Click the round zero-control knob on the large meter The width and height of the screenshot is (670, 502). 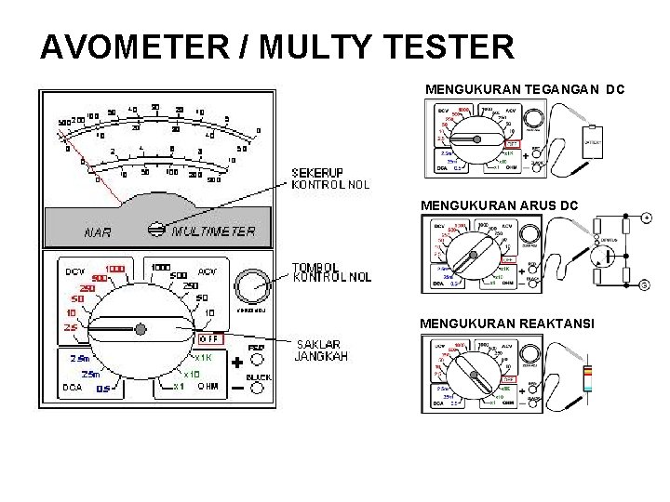pos(250,285)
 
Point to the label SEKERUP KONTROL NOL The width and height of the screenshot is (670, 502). pos(331,178)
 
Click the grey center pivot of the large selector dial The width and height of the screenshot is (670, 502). pos(141,329)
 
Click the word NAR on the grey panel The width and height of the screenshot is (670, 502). pos(99,232)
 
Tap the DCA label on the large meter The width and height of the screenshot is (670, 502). pos(73,388)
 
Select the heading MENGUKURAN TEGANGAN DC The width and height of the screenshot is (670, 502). pos(524,89)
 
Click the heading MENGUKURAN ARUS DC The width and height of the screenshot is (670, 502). pos(500,204)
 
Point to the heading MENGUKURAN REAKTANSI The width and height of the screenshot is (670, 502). pos(503,323)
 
